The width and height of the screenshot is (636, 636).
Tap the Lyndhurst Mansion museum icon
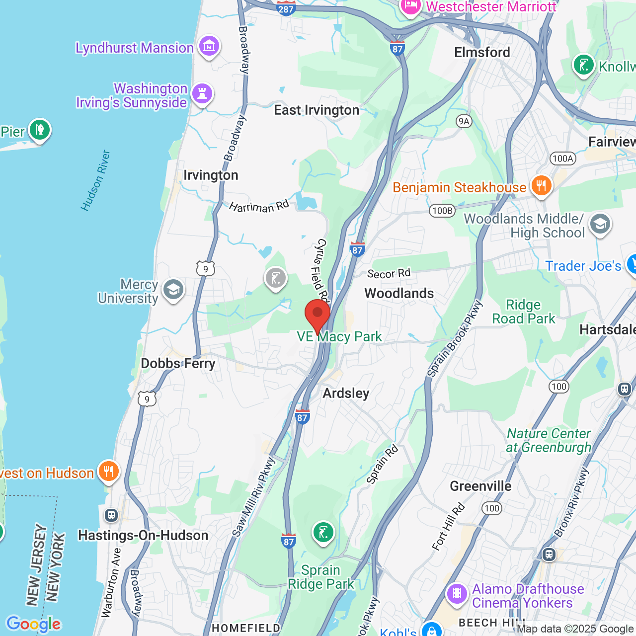click(209, 47)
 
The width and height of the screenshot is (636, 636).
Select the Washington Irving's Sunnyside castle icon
click(202, 93)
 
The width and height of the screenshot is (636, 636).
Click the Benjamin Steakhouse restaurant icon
click(541, 186)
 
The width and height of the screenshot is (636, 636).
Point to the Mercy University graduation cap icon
click(173, 290)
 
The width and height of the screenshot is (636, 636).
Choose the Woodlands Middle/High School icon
click(600, 225)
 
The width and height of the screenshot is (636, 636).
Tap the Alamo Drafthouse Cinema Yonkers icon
click(457, 594)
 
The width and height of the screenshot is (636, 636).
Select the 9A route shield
click(464, 121)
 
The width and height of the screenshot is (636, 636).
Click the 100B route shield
click(442, 211)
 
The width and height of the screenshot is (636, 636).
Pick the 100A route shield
click(563, 159)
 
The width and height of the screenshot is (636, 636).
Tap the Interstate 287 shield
click(286, 8)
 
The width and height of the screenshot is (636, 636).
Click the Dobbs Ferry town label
click(178, 364)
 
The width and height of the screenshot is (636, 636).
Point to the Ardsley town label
click(346, 394)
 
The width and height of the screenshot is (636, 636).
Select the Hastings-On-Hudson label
click(143, 536)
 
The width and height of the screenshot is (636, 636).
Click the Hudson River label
click(95, 180)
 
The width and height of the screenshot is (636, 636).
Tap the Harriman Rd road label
click(259, 206)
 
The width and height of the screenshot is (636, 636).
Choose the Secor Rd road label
click(389, 273)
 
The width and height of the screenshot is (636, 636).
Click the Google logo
click(33, 624)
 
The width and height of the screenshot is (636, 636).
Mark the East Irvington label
click(317, 110)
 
